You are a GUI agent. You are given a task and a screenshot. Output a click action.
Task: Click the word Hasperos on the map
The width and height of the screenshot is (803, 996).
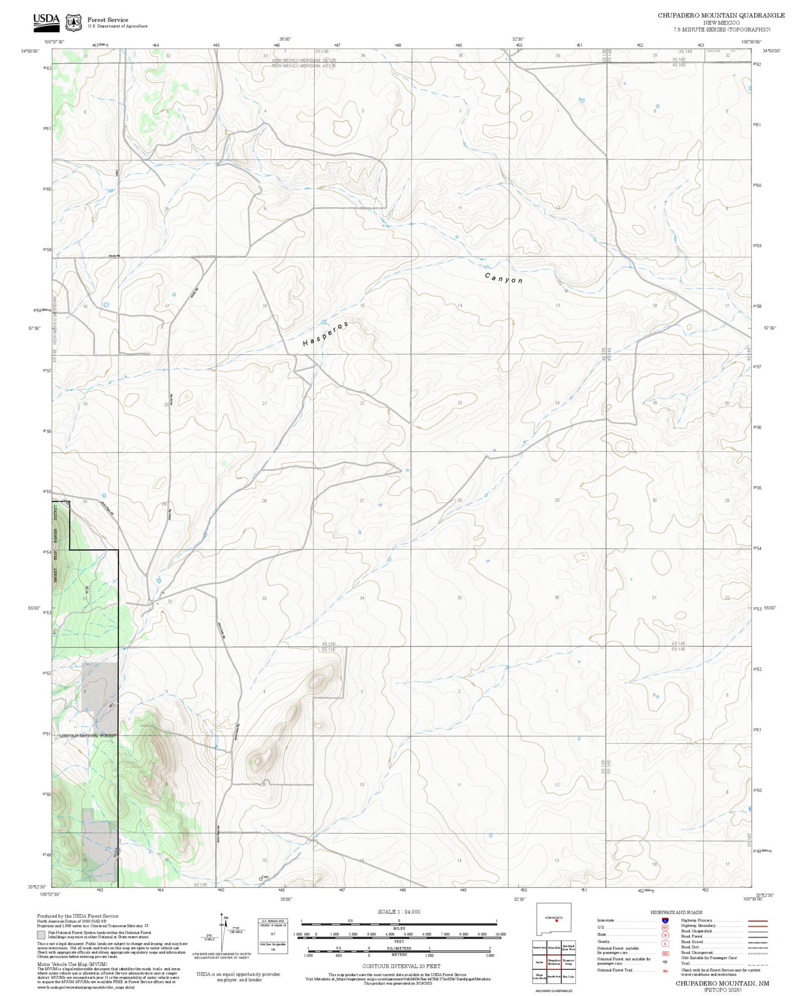coord(326,334)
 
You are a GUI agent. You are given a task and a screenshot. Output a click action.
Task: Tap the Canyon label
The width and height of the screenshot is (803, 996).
coord(503,278)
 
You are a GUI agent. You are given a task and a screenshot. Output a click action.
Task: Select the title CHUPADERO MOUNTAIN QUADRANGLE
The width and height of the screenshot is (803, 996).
coord(721,16)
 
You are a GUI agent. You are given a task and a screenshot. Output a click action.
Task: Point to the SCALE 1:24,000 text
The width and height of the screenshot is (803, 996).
coord(398,912)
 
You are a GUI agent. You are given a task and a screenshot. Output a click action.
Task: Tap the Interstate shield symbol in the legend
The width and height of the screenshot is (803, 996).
coord(665,920)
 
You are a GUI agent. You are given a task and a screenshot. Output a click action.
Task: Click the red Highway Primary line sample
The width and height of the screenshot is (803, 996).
coord(758,920)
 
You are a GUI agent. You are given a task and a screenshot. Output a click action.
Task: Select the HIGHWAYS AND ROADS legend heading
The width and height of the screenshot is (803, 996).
coord(676,912)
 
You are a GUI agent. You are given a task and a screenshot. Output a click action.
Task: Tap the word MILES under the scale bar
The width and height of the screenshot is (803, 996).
coord(398,928)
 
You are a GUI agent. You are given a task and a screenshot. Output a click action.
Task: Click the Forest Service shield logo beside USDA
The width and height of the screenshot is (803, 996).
coord(73,22)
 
